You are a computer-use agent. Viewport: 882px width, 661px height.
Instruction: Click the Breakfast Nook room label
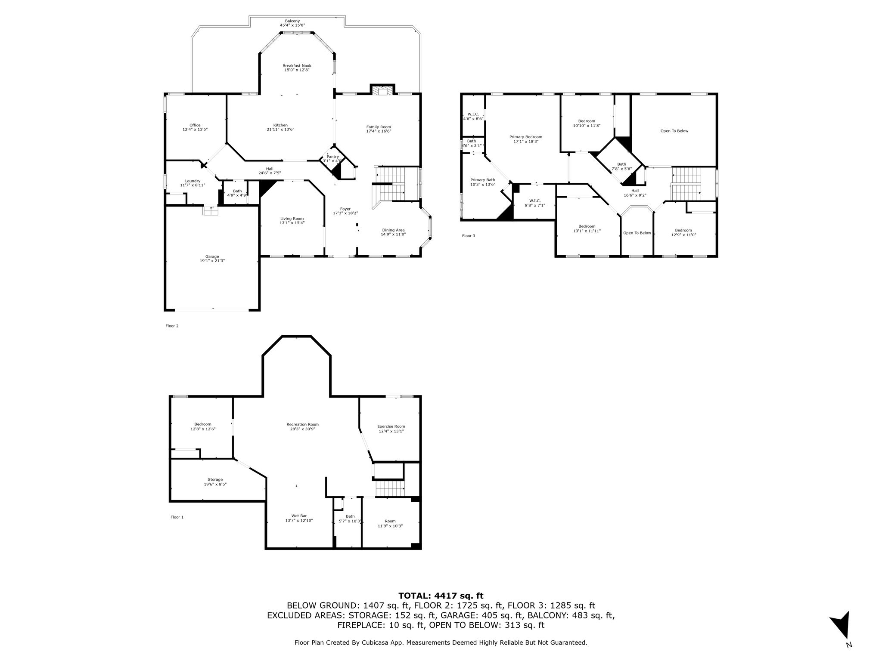tap(297, 66)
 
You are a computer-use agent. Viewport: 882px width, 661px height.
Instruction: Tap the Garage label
tap(212, 257)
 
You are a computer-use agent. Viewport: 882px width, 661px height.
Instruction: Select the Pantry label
tap(332, 157)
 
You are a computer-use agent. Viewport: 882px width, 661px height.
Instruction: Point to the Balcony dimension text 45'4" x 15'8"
tap(292, 25)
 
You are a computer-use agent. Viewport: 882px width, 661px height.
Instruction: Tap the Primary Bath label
tap(482, 180)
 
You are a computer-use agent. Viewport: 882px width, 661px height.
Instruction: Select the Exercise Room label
tap(391, 426)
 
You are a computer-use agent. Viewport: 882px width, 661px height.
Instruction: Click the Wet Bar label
tap(299, 516)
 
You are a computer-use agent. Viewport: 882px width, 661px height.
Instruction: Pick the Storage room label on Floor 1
tap(215, 479)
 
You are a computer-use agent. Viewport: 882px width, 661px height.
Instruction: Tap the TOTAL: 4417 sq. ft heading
tap(441, 596)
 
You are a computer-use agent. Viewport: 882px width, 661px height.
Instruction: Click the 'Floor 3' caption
tap(469, 236)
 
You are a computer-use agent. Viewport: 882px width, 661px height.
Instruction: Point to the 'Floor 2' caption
tap(172, 326)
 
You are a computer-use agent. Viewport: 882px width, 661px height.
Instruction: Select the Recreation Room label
tap(303, 424)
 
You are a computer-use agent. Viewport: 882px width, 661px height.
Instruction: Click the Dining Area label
tap(393, 230)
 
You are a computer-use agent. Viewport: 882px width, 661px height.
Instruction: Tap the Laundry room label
tap(193, 181)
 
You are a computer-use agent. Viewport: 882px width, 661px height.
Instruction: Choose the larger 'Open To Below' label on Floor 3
tap(674, 131)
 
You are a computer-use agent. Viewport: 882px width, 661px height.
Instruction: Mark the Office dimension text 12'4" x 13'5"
tap(195, 129)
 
